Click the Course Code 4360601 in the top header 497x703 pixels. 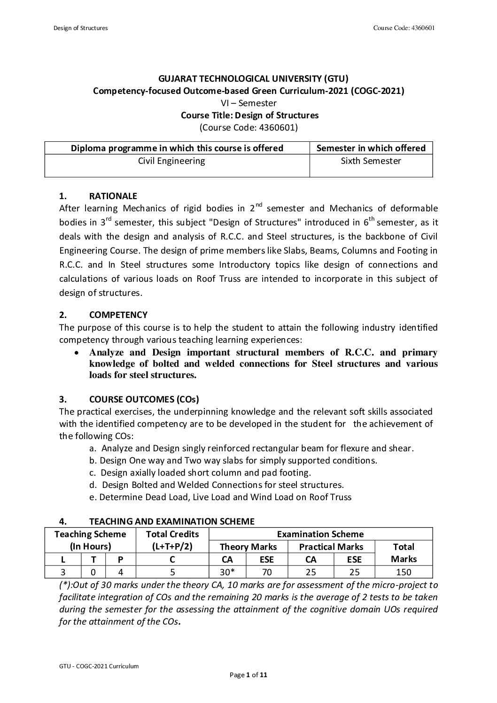[x=404, y=28]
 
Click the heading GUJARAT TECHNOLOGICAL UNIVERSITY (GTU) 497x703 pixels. [x=248, y=78]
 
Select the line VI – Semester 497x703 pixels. [x=248, y=103]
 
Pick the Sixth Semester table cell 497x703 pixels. [x=371, y=161]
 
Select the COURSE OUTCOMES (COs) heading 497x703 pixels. [x=144, y=400]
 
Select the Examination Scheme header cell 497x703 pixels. [x=320, y=534]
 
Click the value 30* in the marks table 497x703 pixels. [x=227, y=572]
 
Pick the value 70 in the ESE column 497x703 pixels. [x=267, y=572]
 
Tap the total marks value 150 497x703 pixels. [x=404, y=572]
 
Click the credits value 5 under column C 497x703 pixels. [x=172, y=572]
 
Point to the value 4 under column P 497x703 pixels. [x=120, y=572]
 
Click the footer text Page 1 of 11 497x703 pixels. [x=248, y=675]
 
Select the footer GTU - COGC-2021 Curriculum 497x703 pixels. [x=99, y=666]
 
